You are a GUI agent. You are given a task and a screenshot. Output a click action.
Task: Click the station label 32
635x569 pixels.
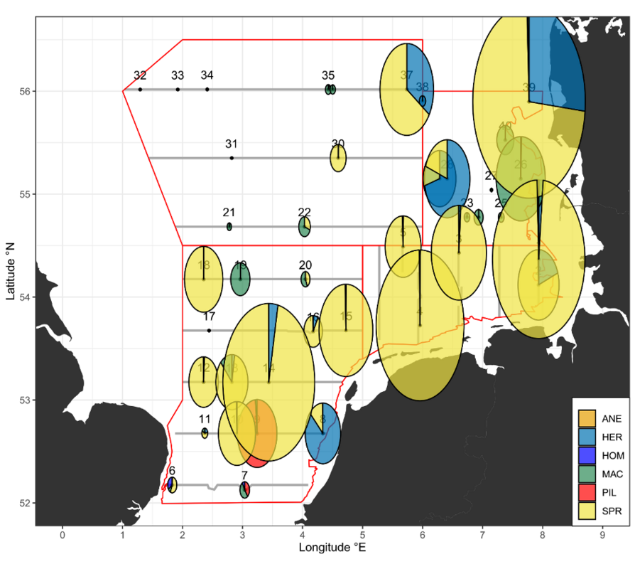pos(140,75)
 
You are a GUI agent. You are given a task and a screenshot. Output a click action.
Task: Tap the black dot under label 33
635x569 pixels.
pos(178,89)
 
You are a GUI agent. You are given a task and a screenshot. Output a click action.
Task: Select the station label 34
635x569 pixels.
pos(207,75)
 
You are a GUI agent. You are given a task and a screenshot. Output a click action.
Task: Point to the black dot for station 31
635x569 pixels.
pos(232,157)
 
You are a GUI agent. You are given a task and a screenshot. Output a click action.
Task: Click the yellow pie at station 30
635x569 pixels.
pos(338,159)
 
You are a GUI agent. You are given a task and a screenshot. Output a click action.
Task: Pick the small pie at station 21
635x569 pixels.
pos(229,226)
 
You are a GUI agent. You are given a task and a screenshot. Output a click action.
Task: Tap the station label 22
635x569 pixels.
pos(305,213)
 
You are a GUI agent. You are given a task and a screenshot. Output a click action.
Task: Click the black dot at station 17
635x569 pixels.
pos(209,330)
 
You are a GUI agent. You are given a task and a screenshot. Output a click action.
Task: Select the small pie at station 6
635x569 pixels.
pos(171,485)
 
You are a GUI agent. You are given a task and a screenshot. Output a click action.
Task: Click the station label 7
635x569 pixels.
pos(244,475)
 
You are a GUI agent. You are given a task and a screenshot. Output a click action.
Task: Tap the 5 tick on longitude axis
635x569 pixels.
pos(362,533)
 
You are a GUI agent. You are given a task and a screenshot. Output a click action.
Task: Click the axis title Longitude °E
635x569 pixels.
pos(332,548)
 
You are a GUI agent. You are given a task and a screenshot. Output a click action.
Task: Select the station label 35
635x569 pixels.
pos(328,75)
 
